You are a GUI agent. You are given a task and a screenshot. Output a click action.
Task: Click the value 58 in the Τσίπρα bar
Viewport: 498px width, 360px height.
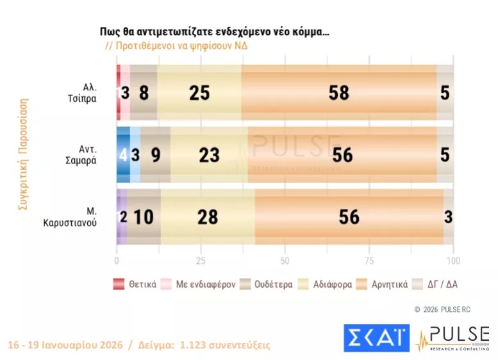coord(338,93)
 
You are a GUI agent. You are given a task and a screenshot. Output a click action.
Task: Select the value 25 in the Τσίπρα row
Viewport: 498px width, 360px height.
coord(199,93)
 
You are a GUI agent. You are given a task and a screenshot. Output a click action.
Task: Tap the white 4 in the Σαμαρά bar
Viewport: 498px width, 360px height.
coord(123,154)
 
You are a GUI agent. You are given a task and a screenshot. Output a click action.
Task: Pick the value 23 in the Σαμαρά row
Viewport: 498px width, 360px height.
coord(210,154)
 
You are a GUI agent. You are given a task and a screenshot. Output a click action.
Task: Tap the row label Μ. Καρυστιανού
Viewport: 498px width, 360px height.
coord(80,217)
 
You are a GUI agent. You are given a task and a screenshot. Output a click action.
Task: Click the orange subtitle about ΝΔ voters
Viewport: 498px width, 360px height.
coord(176,47)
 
